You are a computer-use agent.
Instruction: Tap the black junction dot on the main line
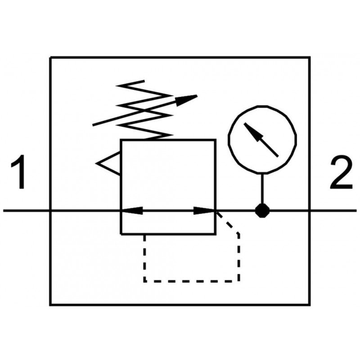pos(261,210)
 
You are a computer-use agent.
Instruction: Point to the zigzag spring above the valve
pos(144,110)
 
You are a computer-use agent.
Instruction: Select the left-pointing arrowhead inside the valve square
pos(132,210)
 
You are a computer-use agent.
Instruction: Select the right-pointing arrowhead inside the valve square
pos(205,210)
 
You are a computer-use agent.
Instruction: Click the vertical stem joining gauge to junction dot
pos(261,189)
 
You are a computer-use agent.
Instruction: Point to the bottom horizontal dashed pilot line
pos(191,281)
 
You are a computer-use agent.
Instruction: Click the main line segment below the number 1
pos(25,210)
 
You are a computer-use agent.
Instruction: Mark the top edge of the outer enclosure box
pos(180,57)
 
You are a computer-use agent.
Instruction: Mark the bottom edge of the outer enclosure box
pos(180,305)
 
